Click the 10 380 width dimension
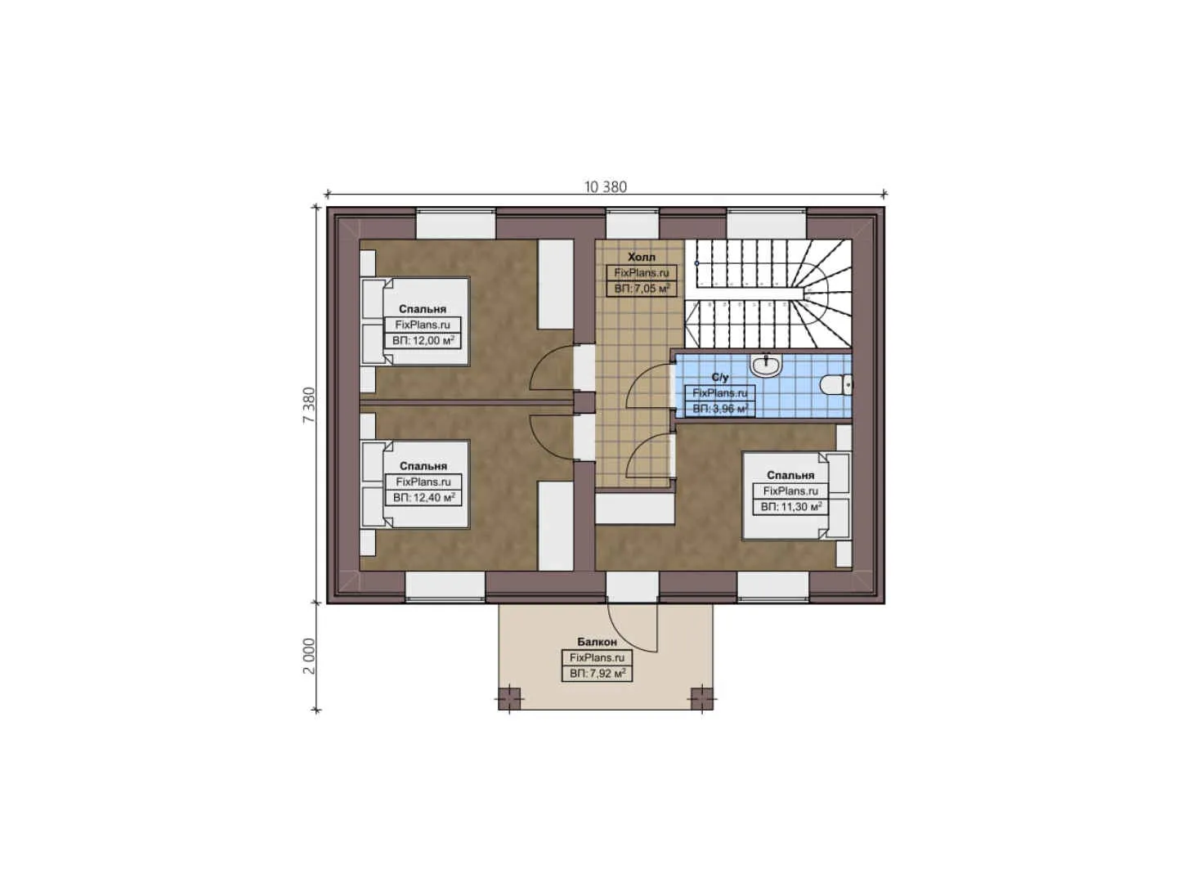coord(605,186)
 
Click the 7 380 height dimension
coord(309,404)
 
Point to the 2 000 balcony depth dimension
coord(309,656)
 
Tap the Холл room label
coord(641,257)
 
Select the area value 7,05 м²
coord(642,289)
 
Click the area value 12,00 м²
coord(423,340)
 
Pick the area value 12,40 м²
coord(423,497)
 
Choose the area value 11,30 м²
coord(790,507)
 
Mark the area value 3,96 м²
coord(719,409)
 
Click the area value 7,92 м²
coord(597,674)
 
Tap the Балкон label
coord(597,642)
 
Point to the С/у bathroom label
coord(719,377)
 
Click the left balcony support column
coord(509,697)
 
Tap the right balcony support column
coord(701,697)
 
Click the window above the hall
coord(632,224)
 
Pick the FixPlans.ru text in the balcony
coord(597,657)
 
